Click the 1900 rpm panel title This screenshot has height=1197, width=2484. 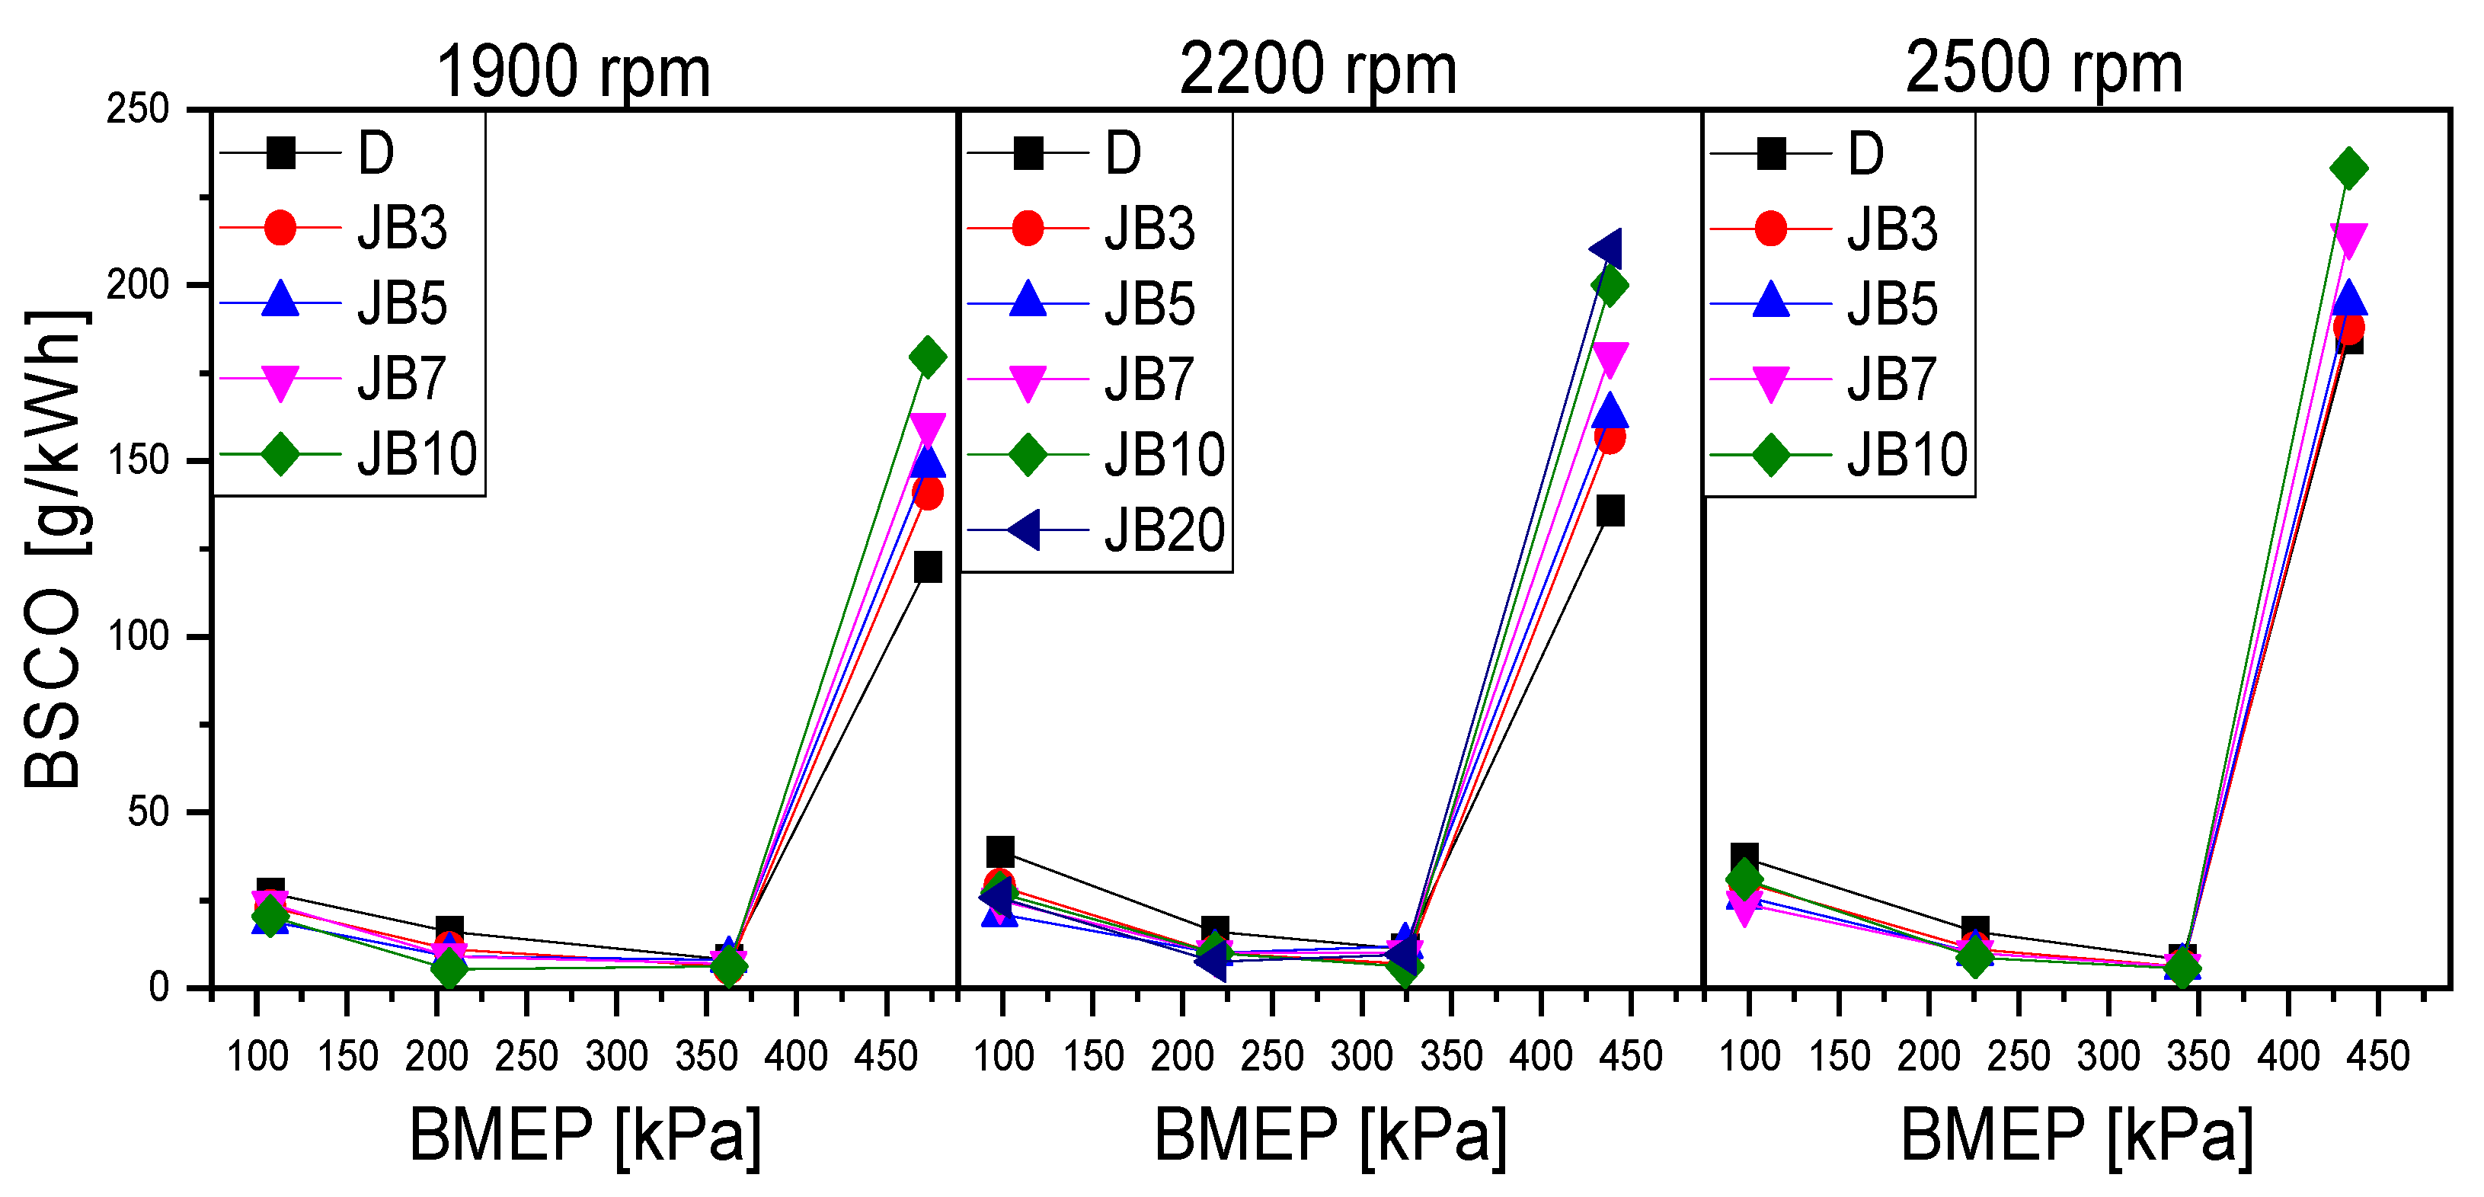pyautogui.click(x=573, y=73)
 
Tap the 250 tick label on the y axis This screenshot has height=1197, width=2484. pyautogui.click(x=138, y=110)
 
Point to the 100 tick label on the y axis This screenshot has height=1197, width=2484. pyautogui.click(x=138, y=637)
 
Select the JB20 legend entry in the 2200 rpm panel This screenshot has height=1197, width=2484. pyautogui.click(x=1164, y=530)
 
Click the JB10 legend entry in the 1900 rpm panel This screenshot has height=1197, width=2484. pyautogui.click(x=417, y=454)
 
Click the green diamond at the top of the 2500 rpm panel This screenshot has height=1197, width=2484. pyautogui.click(x=2349, y=169)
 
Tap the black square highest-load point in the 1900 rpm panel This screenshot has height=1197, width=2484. pyautogui.click(x=928, y=567)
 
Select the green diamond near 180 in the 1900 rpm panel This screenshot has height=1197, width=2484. pyautogui.click(x=928, y=357)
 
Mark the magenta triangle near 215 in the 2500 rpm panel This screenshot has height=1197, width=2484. pyautogui.click(x=2348, y=239)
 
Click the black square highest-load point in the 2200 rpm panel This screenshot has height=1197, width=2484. pyautogui.click(x=1610, y=510)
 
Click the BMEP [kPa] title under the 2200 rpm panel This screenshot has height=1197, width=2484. pyautogui.click(x=1330, y=1135)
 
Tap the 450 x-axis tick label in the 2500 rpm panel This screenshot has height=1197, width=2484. pyautogui.click(x=2378, y=1056)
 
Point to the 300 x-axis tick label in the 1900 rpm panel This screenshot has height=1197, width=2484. pyautogui.click(x=617, y=1056)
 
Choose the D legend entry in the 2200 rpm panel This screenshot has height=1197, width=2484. pyautogui.click(x=1123, y=153)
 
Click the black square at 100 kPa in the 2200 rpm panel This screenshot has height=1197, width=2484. pyautogui.click(x=1000, y=852)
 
